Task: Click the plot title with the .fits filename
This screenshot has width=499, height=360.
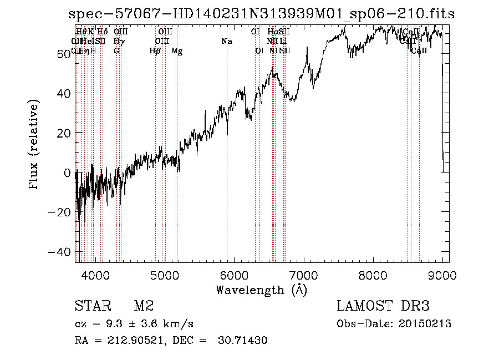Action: click(261, 14)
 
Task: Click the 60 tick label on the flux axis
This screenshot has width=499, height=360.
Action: click(64, 53)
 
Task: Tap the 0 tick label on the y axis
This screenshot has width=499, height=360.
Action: click(68, 173)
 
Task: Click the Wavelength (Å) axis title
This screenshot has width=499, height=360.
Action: click(261, 290)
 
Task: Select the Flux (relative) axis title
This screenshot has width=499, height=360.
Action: click(35, 145)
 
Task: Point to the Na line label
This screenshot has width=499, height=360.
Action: click(227, 41)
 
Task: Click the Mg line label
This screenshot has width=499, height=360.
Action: click(177, 51)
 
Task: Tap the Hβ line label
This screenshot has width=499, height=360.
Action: click(155, 51)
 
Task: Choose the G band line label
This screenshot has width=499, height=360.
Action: click(116, 51)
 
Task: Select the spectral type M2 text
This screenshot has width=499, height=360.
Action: click(144, 306)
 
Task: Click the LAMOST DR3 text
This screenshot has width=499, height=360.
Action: click(383, 306)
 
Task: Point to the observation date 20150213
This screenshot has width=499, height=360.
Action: click(426, 324)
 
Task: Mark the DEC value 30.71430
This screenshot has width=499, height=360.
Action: click(244, 341)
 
